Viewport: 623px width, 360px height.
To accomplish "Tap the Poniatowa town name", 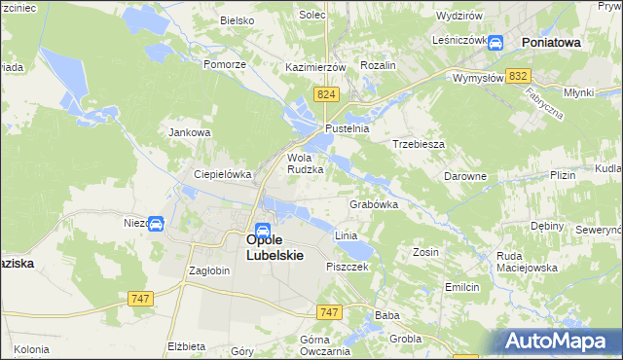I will (551, 43).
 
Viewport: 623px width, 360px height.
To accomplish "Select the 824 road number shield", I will (326, 93).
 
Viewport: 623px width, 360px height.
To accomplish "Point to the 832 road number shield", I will (519, 76).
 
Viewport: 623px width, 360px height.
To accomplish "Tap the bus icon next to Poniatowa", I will (495, 43).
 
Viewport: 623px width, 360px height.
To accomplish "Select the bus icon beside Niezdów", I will (156, 224).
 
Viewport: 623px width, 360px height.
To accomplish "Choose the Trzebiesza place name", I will (419, 143).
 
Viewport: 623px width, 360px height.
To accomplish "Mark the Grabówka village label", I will (374, 205).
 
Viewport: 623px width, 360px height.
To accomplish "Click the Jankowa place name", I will (190, 132).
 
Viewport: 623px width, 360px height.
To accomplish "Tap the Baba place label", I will (387, 315).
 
